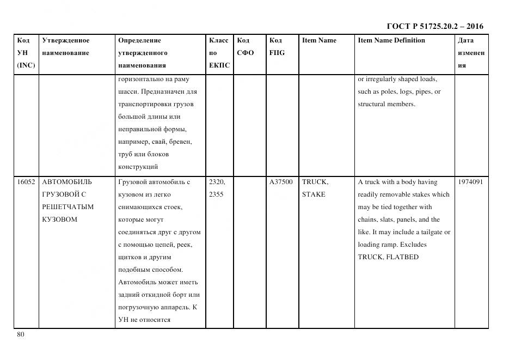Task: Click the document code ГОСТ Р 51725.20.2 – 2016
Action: click(x=434, y=26)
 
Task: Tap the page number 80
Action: click(x=21, y=334)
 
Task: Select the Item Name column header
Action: click(x=319, y=40)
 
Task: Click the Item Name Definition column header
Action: click(x=391, y=40)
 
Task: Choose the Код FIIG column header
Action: click(x=277, y=47)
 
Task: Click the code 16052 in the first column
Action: click(x=26, y=182)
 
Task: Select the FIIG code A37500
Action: click(x=281, y=182)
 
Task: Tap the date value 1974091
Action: click(x=470, y=182)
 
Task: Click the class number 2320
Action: click(x=217, y=182)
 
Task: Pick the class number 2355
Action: click(x=216, y=194)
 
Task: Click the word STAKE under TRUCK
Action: click(x=314, y=194)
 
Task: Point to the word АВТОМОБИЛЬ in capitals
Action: click(x=67, y=182)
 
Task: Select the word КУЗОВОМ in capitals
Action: click(x=59, y=219)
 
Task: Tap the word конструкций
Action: click(x=138, y=167)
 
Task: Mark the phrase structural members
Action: click(x=386, y=104)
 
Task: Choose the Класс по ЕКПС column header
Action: click(x=219, y=53)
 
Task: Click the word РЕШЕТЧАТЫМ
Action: click(x=68, y=207)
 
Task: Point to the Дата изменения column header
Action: click(x=471, y=53)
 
